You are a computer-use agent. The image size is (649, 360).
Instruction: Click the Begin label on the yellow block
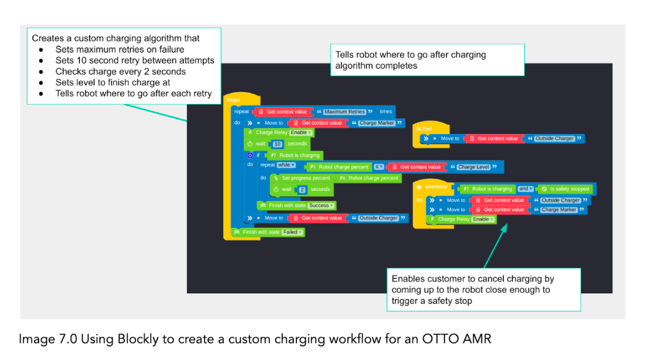233,100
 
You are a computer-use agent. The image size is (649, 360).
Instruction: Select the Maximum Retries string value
344,112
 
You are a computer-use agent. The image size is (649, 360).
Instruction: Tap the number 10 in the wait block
277,144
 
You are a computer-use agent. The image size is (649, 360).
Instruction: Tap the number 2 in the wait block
302,189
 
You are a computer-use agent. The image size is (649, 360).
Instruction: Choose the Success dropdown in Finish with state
321,205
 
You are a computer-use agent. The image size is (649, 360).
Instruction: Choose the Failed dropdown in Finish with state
292,232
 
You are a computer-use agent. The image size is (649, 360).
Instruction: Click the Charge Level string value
474,167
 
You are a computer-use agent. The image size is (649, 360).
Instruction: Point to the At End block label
423,129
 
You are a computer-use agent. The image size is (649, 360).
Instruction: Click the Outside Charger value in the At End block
554,138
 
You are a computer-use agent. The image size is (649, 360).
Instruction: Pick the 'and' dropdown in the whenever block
525,189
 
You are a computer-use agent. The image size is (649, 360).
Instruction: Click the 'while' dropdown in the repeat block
286,165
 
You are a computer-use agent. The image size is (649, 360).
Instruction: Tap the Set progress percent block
305,178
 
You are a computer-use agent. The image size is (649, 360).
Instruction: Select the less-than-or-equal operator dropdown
379,167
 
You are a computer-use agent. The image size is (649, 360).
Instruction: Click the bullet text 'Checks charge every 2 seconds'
120,71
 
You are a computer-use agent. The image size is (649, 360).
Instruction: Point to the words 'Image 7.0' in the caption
42,340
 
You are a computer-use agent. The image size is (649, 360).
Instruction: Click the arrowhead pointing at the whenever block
502,226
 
